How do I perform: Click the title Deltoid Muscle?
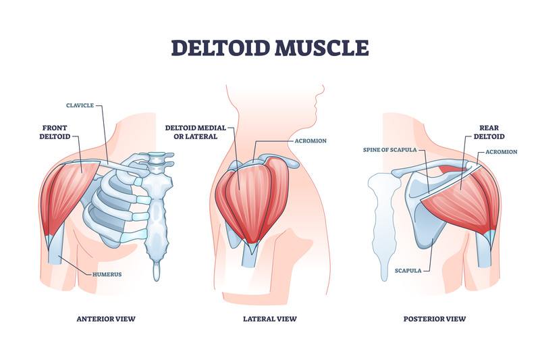pyautogui.click(x=269, y=48)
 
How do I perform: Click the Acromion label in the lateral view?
pyautogui.click(x=311, y=140)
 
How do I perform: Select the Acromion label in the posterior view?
pyautogui.click(x=501, y=152)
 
